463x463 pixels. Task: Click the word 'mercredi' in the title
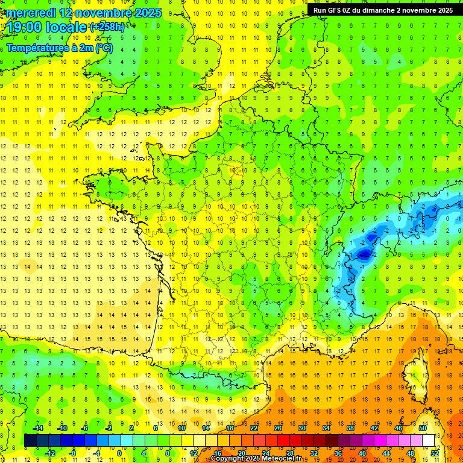click(31, 13)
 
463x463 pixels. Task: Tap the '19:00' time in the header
click(25, 27)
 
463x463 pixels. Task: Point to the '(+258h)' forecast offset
click(107, 27)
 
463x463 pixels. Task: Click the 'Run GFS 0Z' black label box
click(383, 10)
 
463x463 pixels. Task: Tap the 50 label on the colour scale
click(422, 428)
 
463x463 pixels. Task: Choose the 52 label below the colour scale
click(435, 453)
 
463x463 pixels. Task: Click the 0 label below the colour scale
click(119, 453)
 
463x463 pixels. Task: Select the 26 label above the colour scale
click(277, 428)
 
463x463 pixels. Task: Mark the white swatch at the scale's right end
click(428, 441)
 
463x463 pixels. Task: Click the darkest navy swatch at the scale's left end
click(30, 441)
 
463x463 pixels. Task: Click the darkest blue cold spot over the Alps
click(364, 254)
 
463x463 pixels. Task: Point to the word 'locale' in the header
click(68, 27)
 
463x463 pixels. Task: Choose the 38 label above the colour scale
click(350, 428)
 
